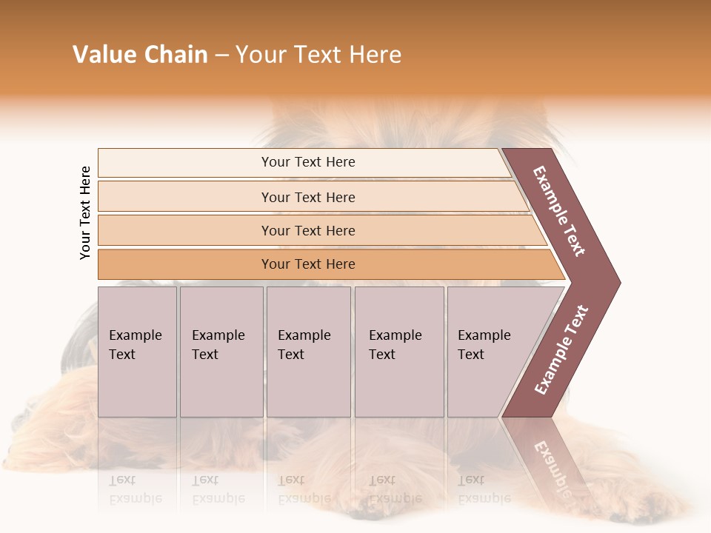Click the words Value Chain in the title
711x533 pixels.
click(x=140, y=55)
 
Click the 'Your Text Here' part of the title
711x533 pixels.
click(x=318, y=55)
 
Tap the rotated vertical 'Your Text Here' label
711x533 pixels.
click(x=85, y=212)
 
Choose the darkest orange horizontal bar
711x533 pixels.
click(x=185, y=264)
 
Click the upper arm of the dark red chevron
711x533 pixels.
click(x=561, y=211)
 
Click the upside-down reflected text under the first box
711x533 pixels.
click(x=135, y=489)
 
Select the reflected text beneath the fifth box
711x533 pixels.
click(x=484, y=489)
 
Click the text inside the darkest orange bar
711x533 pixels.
click(x=308, y=264)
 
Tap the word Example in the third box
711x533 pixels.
click(x=304, y=335)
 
